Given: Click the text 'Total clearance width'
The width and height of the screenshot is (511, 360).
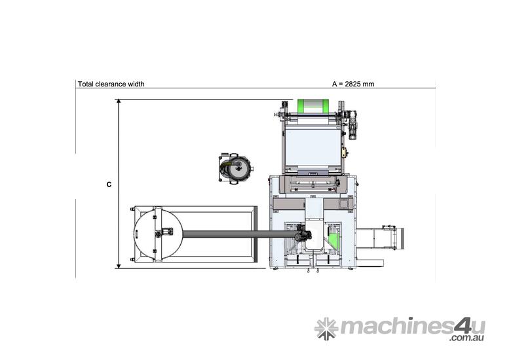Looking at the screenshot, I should (x=111, y=84).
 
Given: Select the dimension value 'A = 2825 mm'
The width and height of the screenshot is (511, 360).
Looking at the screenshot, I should (x=353, y=84).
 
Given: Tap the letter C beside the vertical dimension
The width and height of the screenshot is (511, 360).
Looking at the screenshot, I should (x=109, y=185).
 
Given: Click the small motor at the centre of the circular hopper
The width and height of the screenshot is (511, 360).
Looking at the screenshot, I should (x=162, y=232).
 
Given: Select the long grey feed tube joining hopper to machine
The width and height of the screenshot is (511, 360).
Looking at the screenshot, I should (x=236, y=232).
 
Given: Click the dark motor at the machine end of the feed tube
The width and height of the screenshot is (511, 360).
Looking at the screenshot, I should (x=303, y=234).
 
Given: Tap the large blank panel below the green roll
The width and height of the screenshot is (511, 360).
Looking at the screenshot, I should (x=311, y=147).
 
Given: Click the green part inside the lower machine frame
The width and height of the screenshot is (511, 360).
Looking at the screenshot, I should (x=335, y=240).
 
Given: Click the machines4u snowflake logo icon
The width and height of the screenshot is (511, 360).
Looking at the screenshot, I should (x=326, y=329).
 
